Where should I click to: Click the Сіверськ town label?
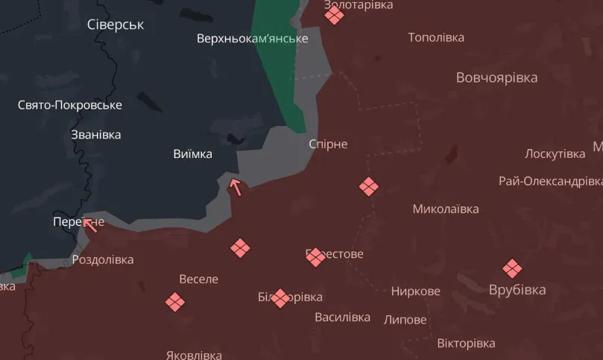click(x=116, y=25)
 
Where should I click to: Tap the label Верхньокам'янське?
click(x=252, y=38)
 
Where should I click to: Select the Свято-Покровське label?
click(x=70, y=105)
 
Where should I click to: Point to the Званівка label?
click(x=95, y=135)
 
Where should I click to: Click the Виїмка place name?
click(x=192, y=154)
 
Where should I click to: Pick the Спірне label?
click(x=328, y=144)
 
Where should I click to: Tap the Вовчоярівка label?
click(x=496, y=78)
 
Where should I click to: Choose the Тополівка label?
click(x=436, y=37)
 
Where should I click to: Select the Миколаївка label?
click(x=446, y=209)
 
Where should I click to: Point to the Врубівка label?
click(x=517, y=290)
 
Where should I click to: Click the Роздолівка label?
click(x=103, y=260)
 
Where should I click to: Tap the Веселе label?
click(x=199, y=279)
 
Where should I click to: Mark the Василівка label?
click(x=342, y=317)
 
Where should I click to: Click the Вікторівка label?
click(x=466, y=344)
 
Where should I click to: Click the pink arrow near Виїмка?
click(x=236, y=187)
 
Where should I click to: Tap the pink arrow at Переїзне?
click(x=92, y=224)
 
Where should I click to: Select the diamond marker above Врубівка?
click(x=511, y=268)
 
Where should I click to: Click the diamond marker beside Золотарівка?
click(x=334, y=15)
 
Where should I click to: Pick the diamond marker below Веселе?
click(x=174, y=302)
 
